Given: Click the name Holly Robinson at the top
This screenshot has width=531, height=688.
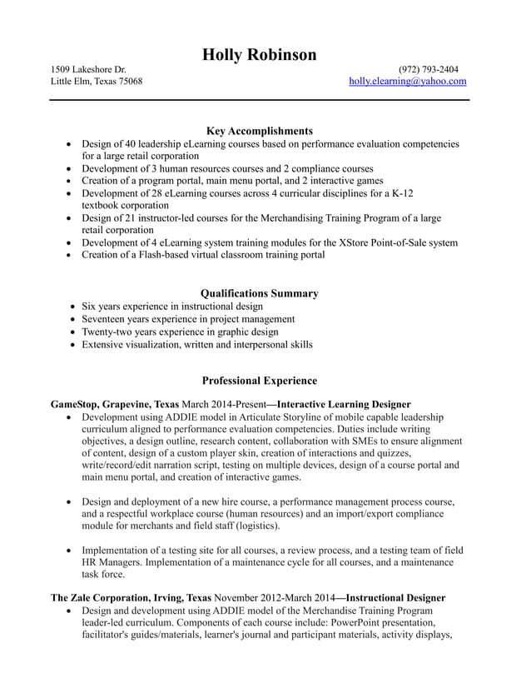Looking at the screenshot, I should click(259, 55).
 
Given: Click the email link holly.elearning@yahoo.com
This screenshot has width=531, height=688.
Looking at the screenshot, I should click(407, 82).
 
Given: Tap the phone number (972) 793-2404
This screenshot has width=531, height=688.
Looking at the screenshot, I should click(428, 69).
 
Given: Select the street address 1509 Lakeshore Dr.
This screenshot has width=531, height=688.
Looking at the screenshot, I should click(88, 69).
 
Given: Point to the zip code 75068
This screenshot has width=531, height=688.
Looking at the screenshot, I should click(130, 82).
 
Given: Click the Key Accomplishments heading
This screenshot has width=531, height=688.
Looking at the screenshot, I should click(259, 131).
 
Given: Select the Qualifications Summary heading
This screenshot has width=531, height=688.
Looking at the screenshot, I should click(259, 293).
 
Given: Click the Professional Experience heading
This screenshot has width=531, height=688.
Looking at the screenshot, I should click(259, 381).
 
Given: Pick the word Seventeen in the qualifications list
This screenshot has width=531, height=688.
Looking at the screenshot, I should click(105, 319).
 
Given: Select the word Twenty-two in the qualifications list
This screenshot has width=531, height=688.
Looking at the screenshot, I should click(107, 332).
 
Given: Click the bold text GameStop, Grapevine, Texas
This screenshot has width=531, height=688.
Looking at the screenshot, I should click(114, 404).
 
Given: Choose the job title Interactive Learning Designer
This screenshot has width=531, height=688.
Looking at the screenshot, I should click(344, 404).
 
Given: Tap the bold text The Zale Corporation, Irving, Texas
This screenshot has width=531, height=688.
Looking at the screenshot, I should click(131, 598).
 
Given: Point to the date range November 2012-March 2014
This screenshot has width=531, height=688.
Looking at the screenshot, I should click(274, 598).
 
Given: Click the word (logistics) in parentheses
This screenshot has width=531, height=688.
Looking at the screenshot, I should click(256, 526).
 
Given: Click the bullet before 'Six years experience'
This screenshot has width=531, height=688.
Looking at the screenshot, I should click(73, 307).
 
